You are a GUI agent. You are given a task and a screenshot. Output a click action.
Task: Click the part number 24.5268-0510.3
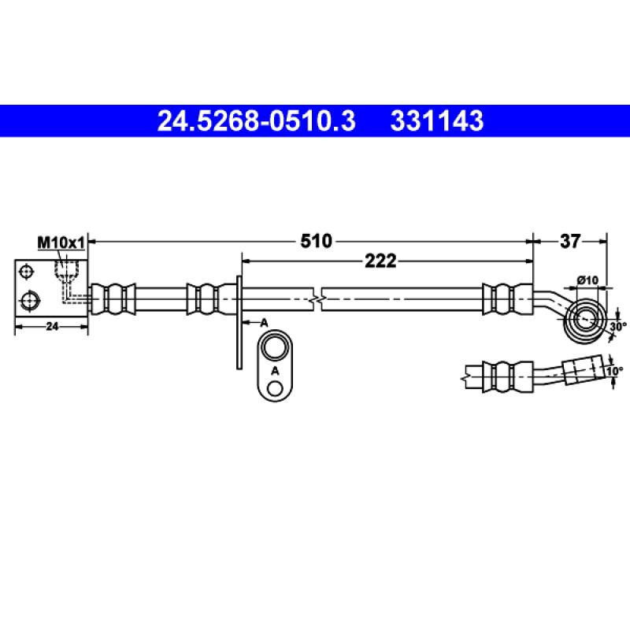(x=257, y=121)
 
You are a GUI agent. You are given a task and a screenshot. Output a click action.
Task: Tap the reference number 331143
(x=437, y=121)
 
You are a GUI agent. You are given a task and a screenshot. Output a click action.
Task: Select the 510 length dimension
(x=317, y=241)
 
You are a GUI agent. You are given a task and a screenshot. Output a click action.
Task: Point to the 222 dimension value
(x=380, y=261)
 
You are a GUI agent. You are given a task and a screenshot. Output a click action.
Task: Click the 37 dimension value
(x=570, y=241)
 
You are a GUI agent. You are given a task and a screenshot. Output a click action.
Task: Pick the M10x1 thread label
(x=61, y=243)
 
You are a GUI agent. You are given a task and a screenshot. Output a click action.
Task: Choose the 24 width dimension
(x=52, y=326)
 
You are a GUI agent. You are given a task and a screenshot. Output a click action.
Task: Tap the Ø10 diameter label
(x=587, y=280)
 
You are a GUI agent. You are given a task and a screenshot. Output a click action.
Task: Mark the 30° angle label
(x=618, y=326)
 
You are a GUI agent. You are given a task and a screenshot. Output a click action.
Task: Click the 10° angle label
(x=615, y=371)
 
